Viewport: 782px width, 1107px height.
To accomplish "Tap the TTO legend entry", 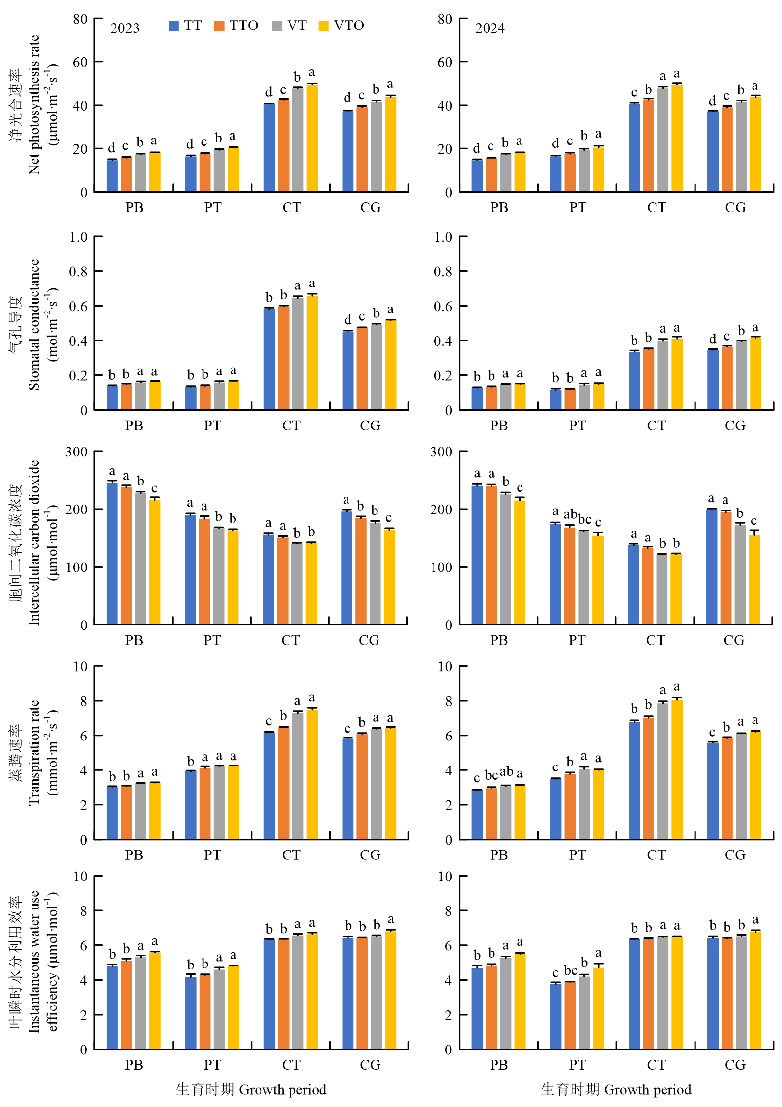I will (236, 26).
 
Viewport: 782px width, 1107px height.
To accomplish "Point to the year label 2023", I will (125, 28).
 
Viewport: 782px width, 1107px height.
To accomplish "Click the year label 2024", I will (490, 28).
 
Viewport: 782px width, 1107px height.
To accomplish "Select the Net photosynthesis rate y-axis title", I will (33, 105).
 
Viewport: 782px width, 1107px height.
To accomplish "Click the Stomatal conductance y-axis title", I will (33, 324).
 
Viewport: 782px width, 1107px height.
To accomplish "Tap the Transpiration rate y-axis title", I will (33, 752).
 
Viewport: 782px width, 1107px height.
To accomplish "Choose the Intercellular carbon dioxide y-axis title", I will (33, 542).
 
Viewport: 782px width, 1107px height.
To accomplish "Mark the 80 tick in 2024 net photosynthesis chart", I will (445, 19).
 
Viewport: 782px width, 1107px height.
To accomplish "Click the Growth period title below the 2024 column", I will (616, 1089).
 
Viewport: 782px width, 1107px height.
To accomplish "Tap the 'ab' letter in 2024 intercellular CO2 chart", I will (570, 514).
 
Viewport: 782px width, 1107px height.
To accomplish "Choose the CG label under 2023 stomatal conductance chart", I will (370, 426).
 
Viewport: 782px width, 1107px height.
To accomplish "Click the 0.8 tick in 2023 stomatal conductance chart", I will (78, 271).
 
